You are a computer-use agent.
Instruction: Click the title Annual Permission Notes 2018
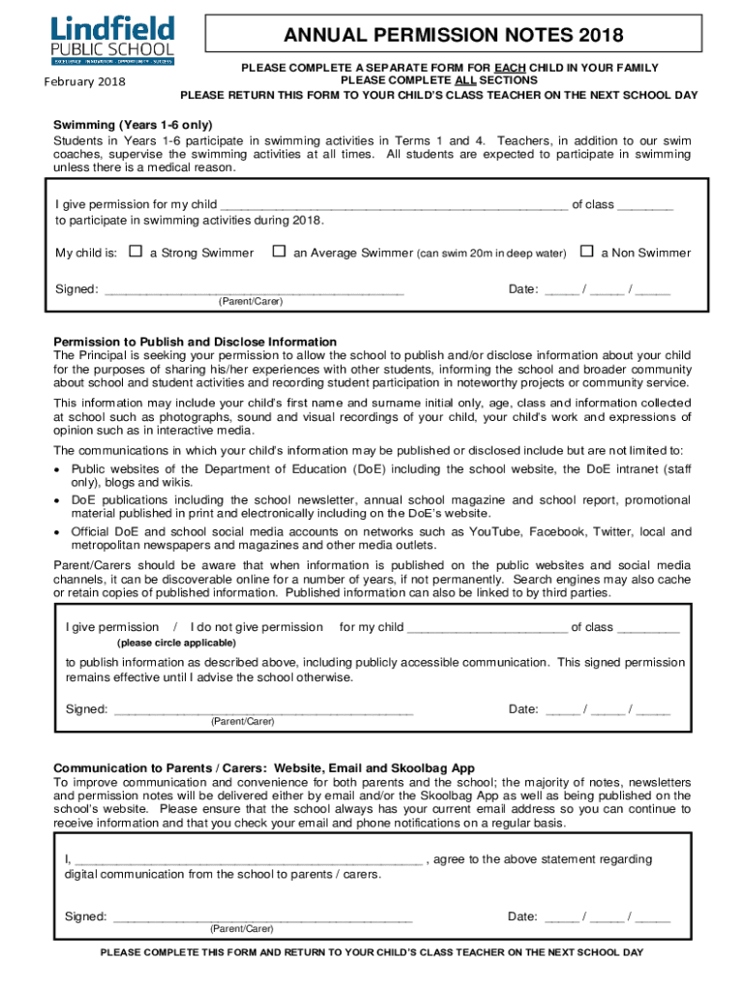click(x=453, y=36)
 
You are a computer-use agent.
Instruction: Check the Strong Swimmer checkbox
click(x=134, y=252)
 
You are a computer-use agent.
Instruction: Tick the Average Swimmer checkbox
click(x=279, y=252)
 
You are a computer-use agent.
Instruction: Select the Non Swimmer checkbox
click(x=586, y=252)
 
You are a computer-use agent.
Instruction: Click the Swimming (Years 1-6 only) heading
click(x=133, y=126)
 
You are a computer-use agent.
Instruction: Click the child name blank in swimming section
click(x=394, y=205)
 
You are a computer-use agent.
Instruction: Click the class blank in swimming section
click(x=644, y=205)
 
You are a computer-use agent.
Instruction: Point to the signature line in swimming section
click(x=253, y=289)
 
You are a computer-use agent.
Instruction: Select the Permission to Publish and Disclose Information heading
click(x=194, y=342)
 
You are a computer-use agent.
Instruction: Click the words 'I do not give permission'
click(x=257, y=627)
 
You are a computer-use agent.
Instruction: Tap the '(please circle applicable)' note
click(x=176, y=643)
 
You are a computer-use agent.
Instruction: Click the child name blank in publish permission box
click(x=488, y=627)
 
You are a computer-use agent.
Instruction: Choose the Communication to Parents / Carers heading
click(x=250, y=768)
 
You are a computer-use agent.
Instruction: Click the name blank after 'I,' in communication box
click(x=249, y=859)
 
